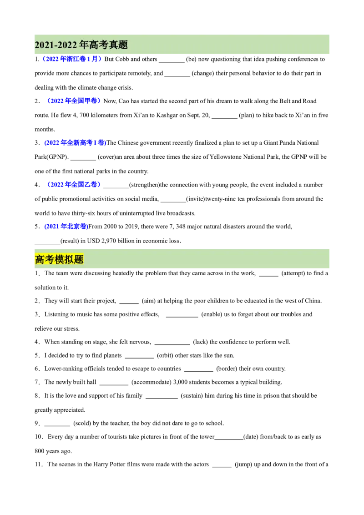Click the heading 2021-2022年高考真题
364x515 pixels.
point(81,45)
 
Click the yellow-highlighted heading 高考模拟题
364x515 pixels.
point(59,259)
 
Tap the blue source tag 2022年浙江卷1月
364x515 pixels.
point(71,59)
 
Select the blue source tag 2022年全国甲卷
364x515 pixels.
point(74,101)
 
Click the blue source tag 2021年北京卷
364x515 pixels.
point(66,226)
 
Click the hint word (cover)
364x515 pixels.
point(106,157)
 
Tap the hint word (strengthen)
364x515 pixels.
point(145,185)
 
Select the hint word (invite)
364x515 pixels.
point(196,199)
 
